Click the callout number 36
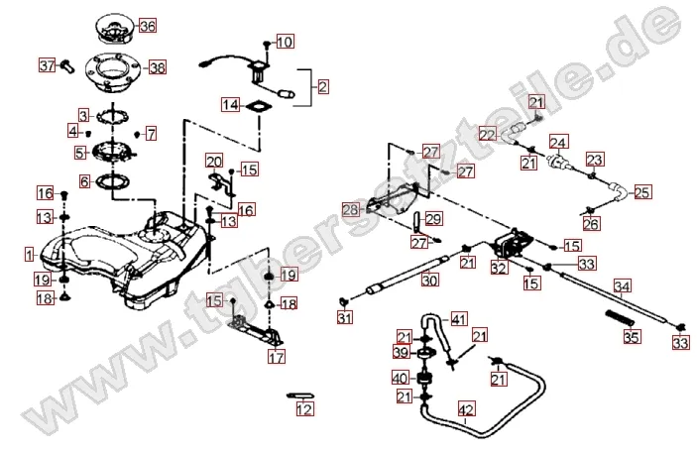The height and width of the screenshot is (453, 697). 147,25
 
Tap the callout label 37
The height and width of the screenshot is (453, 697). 47,66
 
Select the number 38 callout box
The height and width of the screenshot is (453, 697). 157,67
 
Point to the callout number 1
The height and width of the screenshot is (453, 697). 31,254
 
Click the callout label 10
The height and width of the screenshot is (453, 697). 285,42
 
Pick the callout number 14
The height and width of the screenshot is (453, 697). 230,104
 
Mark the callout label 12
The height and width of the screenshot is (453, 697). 304,408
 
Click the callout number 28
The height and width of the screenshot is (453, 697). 349,209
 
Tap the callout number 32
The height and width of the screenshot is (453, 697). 498,267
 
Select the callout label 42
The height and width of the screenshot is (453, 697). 466,406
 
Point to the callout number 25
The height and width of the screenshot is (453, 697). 642,191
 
